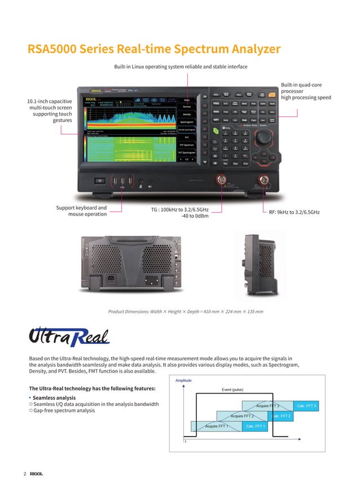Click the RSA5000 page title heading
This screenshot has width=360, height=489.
click(x=153, y=49)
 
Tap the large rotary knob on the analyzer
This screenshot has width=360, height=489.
click(x=262, y=139)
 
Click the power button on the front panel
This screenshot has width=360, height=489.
click(x=100, y=181)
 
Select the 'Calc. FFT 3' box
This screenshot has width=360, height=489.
click(x=308, y=406)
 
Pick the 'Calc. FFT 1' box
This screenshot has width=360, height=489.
click(x=257, y=426)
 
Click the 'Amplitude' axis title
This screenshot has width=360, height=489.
click(x=183, y=381)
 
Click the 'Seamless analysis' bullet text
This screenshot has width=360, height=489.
click(x=54, y=398)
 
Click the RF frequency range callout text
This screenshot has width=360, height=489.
click(x=294, y=212)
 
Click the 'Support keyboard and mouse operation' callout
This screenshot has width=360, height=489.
click(x=81, y=211)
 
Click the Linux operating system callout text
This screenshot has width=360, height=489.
click(x=181, y=67)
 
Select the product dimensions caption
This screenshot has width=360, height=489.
click(x=185, y=311)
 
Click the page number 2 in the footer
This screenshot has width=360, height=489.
click(x=25, y=473)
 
